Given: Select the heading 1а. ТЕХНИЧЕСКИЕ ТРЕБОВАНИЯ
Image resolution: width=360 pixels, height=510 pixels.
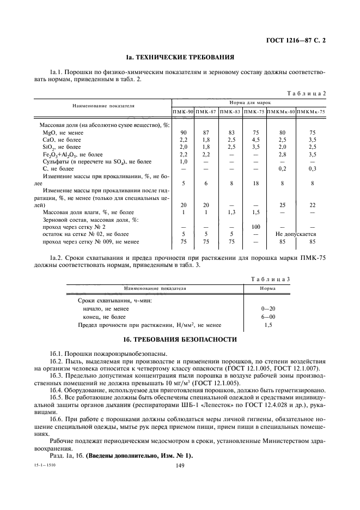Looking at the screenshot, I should (180, 57).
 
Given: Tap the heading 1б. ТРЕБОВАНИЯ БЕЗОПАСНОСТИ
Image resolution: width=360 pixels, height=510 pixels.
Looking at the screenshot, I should (180, 339).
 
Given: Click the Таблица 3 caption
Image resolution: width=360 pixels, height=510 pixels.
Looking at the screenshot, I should (270, 278).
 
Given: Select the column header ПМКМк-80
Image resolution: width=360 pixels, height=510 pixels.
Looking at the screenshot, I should (282, 112).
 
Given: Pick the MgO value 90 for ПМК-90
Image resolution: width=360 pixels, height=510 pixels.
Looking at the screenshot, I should (184, 132).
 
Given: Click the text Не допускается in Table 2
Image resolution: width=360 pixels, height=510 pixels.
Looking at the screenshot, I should (297, 234).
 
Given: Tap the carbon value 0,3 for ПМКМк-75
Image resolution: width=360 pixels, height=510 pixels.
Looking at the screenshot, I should (313, 169).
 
